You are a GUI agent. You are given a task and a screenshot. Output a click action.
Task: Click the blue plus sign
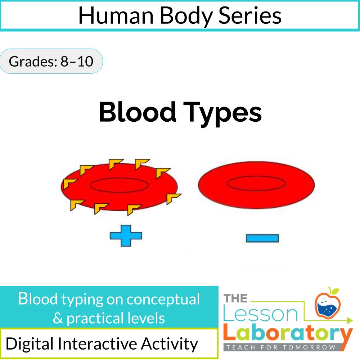pyautogui.click(x=126, y=236)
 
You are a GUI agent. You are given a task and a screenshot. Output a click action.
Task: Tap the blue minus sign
pyautogui.click(x=262, y=238)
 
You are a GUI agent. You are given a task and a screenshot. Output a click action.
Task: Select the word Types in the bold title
pyautogui.click(x=225, y=113)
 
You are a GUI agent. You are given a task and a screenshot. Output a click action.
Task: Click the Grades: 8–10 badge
pyautogui.click(x=51, y=62)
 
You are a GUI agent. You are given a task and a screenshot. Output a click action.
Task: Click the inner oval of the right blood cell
pyautogui.click(x=256, y=184)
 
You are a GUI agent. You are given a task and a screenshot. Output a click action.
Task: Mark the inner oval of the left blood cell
pyautogui.click(x=119, y=185)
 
